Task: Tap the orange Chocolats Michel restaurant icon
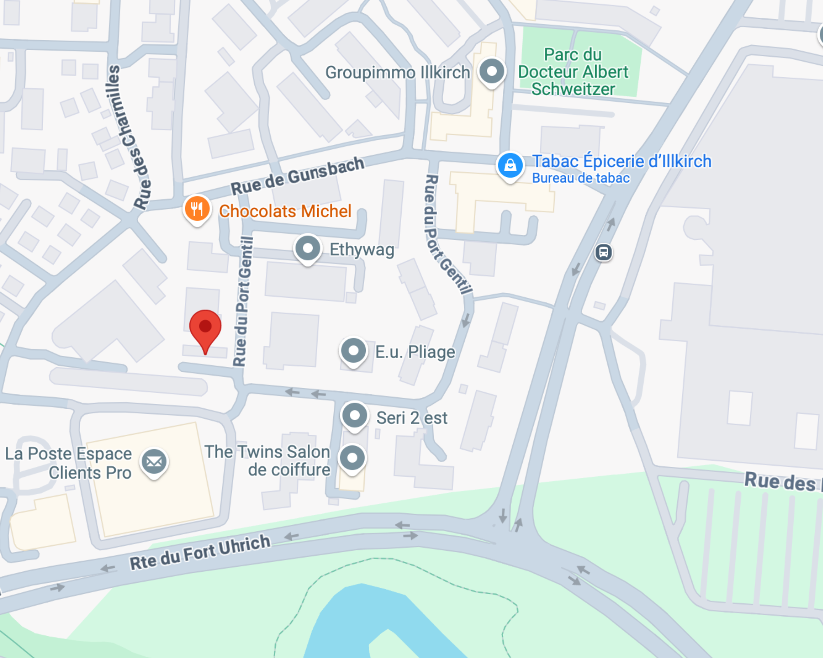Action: click(x=197, y=209)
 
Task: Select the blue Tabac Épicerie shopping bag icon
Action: click(x=510, y=165)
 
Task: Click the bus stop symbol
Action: click(x=603, y=252)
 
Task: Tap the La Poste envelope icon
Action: click(x=154, y=461)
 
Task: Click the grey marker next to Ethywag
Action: click(x=307, y=248)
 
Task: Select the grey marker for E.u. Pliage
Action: click(x=353, y=351)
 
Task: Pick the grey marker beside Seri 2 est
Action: click(x=354, y=415)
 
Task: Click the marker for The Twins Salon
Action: click(x=352, y=458)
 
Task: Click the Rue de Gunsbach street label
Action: click(x=297, y=176)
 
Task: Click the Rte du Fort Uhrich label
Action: click(x=200, y=553)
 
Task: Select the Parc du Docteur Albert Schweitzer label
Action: click(x=573, y=72)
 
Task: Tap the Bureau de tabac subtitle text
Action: click(x=581, y=178)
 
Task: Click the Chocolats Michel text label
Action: click(x=285, y=211)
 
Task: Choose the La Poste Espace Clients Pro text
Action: click(x=69, y=463)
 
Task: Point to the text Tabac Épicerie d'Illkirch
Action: click(x=622, y=161)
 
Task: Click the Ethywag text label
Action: click(x=362, y=250)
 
